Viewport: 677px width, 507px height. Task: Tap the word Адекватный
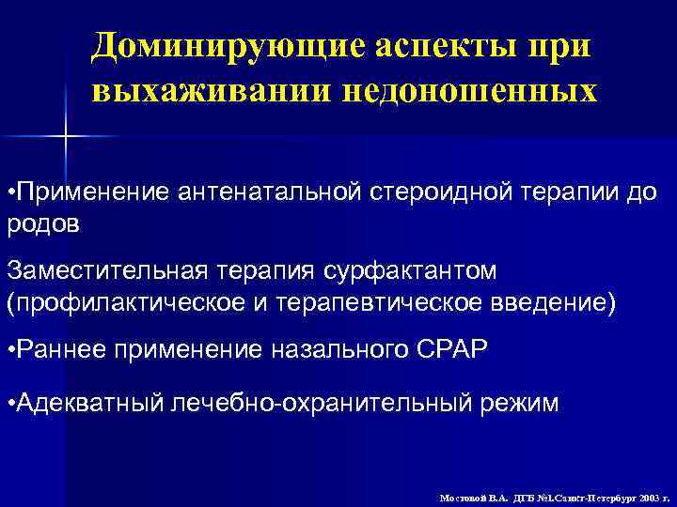point(87,404)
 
